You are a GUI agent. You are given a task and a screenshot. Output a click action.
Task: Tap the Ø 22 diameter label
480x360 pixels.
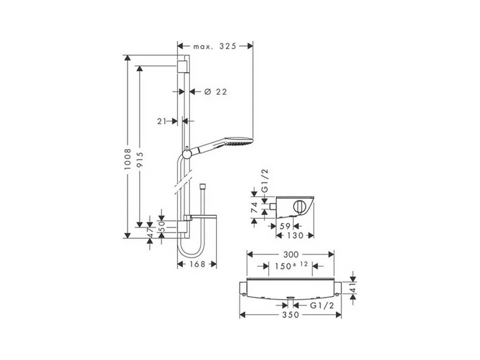click(x=216, y=92)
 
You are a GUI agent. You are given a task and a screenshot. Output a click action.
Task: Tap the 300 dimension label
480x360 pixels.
click(x=291, y=254)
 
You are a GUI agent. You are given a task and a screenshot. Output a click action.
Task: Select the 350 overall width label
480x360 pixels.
click(x=291, y=315)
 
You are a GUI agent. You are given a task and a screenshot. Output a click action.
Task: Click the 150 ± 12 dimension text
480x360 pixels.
click(x=290, y=266)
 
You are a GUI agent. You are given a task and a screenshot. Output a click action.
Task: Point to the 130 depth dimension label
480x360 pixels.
click(x=295, y=235)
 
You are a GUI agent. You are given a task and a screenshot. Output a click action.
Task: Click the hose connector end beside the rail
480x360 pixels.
click(x=203, y=184)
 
